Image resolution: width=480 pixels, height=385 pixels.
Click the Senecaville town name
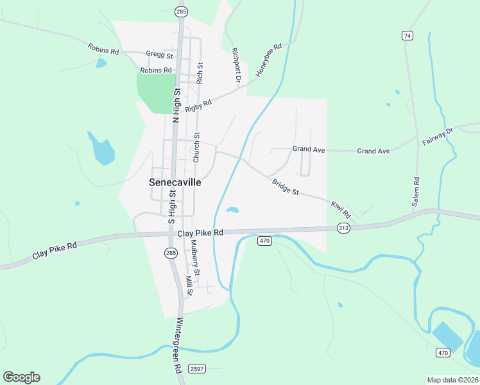(x=175, y=182)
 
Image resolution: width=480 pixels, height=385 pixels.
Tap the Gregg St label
(x=155, y=55)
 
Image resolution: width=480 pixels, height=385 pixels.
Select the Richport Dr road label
(x=236, y=65)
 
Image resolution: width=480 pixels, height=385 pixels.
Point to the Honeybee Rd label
(x=269, y=60)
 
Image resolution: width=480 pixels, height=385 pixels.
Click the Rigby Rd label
(x=198, y=105)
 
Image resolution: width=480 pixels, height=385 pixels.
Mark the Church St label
(x=197, y=147)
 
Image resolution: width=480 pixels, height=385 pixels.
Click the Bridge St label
(x=286, y=187)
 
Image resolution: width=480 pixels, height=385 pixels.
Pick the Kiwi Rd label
(x=341, y=208)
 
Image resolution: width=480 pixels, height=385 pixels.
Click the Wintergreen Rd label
(x=179, y=346)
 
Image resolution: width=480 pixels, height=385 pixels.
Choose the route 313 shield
(x=343, y=228)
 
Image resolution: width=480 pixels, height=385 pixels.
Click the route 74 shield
(x=407, y=35)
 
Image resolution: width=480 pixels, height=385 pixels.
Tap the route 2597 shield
(x=197, y=368)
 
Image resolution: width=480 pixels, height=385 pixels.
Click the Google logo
(x=21, y=377)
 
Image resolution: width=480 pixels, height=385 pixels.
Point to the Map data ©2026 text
(x=452, y=380)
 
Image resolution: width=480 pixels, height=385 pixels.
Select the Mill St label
(x=189, y=286)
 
